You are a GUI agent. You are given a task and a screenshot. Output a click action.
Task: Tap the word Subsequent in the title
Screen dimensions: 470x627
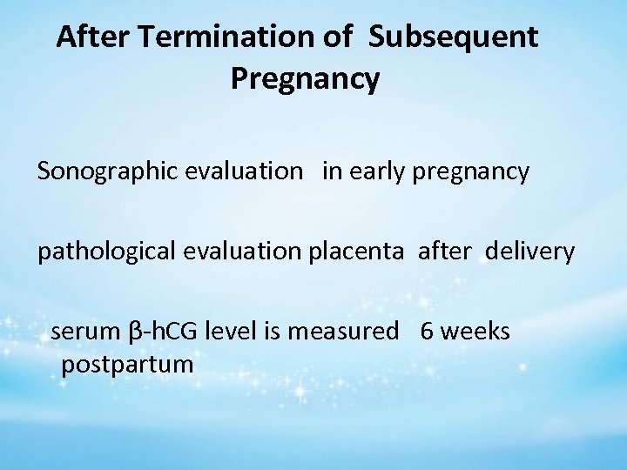pyautogui.click(x=453, y=37)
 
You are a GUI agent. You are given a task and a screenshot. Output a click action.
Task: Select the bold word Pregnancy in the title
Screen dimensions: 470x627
pyautogui.click(x=305, y=79)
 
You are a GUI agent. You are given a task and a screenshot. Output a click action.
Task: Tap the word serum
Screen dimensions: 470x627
pyautogui.click(x=86, y=332)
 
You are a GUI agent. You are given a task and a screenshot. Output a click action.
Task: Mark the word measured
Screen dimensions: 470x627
pyautogui.click(x=343, y=332)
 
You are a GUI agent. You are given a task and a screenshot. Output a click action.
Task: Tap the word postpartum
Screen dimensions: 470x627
pyautogui.click(x=126, y=364)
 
